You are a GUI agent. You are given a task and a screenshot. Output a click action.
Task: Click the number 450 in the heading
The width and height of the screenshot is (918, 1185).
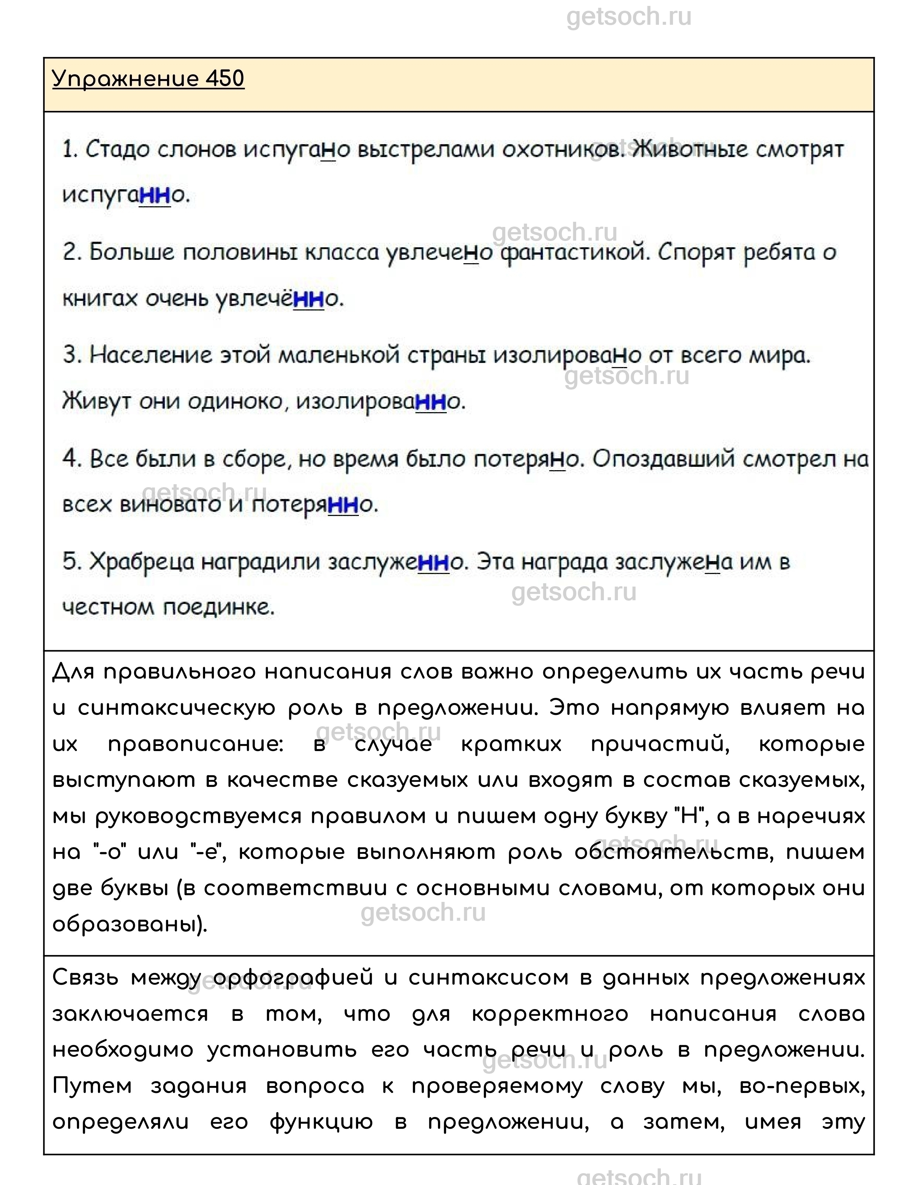(225, 79)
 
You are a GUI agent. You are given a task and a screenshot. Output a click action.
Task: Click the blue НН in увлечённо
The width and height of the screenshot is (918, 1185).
(309, 298)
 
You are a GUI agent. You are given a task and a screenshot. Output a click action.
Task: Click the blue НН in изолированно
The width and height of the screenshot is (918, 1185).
(431, 401)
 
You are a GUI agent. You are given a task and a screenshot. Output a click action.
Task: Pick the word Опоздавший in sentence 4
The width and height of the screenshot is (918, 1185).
(663, 459)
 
